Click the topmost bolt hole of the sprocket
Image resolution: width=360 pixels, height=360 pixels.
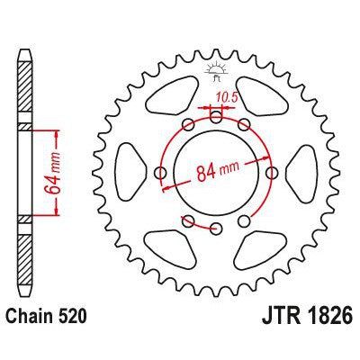215,114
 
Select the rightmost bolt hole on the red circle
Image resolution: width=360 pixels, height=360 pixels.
272,171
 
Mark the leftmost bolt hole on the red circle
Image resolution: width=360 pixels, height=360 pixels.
159,171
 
